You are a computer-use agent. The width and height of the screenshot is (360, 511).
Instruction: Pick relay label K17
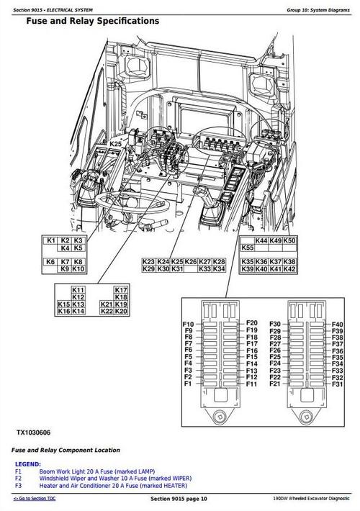click(121, 289)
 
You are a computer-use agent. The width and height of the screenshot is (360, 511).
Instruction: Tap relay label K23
click(149, 261)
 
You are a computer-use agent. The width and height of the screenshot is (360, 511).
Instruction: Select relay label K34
click(219, 268)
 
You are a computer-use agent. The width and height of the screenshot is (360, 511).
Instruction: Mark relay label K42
click(289, 268)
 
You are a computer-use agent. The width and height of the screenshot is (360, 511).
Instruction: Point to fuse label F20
click(251, 322)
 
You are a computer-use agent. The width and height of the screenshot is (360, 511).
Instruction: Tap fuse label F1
click(187, 385)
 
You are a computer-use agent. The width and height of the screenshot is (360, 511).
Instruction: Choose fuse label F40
click(337, 324)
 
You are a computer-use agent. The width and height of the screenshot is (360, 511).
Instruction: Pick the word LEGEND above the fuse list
click(28, 464)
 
